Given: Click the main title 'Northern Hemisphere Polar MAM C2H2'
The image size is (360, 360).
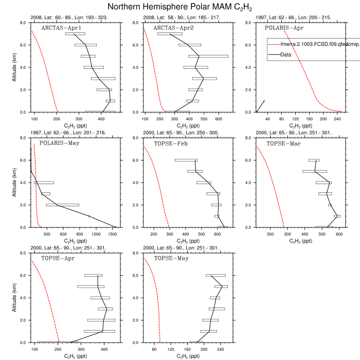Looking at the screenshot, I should coord(180,7).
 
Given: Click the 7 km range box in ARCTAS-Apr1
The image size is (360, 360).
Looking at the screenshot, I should coord(75,34).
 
